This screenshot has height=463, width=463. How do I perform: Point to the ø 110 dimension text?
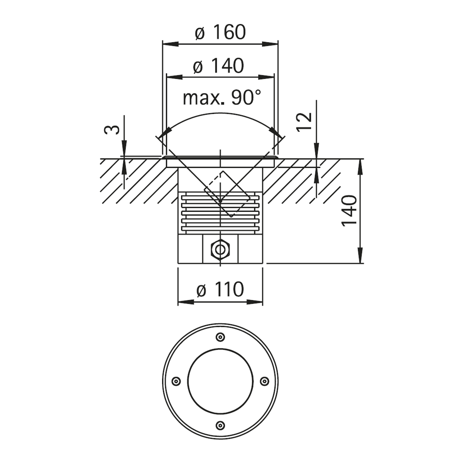click(x=220, y=289)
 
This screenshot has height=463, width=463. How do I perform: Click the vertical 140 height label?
click(x=349, y=211)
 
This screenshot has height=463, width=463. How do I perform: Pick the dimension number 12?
click(x=305, y=123)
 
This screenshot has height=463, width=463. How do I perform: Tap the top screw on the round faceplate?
click(x=220, y=337)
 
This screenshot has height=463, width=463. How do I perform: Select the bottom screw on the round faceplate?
click(x=220, y=425)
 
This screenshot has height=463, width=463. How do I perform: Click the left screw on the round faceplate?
click(x=176, y=381)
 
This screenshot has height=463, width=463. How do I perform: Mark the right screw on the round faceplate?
click(x=264, y=381)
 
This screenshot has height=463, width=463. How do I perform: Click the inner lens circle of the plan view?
click(x=220, y=381)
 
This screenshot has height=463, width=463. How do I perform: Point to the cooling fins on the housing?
click(x=220, y=214)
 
